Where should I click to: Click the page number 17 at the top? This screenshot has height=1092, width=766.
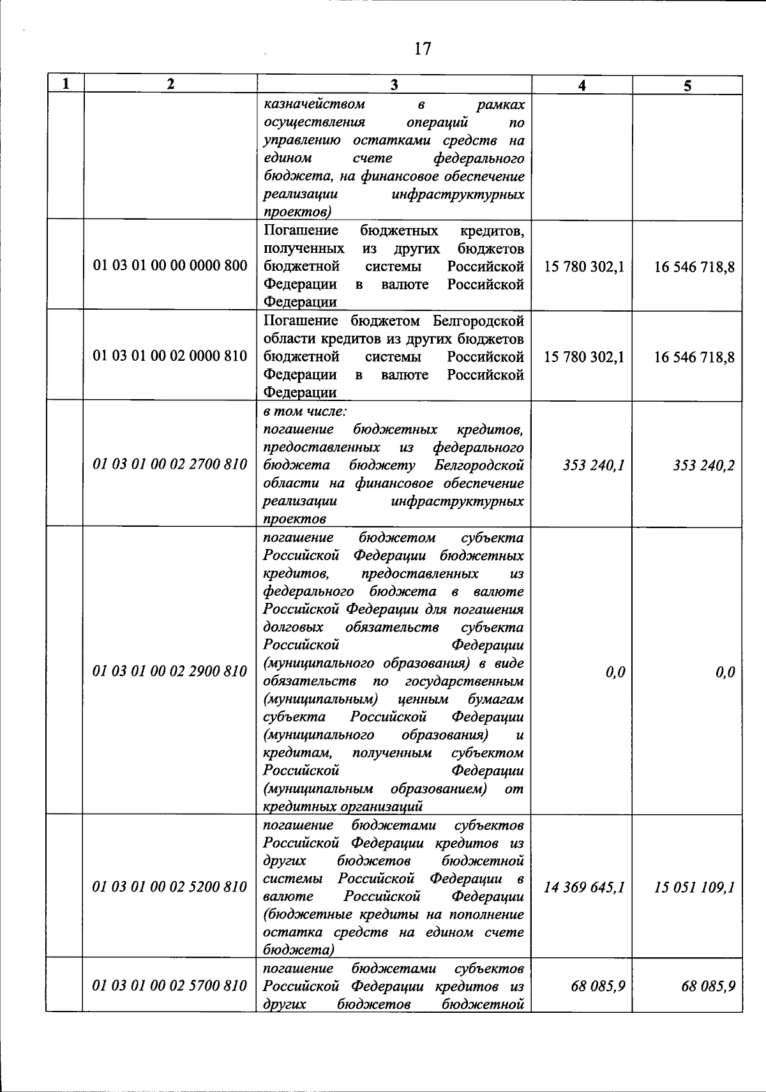[x=423, y=49]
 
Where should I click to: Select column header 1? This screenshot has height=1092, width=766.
[x=65, y=84]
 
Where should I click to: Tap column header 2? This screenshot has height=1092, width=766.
[x=170, y=84]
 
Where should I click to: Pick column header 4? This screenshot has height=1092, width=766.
[x=582, y=86]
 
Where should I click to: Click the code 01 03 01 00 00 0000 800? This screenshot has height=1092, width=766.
[x=170, y=266]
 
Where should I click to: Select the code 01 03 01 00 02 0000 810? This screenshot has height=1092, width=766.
[x=170, y=356]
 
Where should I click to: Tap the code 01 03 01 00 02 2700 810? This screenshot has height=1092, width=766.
[x=170, y=464]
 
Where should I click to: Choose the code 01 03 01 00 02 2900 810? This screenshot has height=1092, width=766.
[x=170, y=671]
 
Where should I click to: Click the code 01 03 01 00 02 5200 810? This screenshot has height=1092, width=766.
[x=170, y=886]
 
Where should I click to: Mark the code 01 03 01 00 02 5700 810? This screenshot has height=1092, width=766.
[x=170, y=986]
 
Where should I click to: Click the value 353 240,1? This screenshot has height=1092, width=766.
[x=594, y=466]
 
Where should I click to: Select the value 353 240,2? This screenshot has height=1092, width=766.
[x=703, y=466]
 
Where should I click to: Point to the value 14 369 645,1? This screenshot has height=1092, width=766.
[x=584, y=887]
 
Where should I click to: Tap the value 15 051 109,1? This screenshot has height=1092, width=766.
[x=695, y=887]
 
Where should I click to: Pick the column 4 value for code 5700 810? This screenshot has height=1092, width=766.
[x=598, y=987]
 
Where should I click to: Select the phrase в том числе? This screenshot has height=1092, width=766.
[x=305, y=411]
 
